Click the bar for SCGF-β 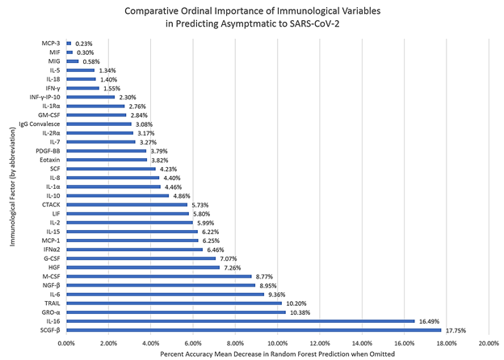point(254,329)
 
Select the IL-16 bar point(240,320)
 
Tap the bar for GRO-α point(176,312)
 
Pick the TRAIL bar point(174,303)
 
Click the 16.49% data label point(429,320)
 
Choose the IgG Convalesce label point(40,124)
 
